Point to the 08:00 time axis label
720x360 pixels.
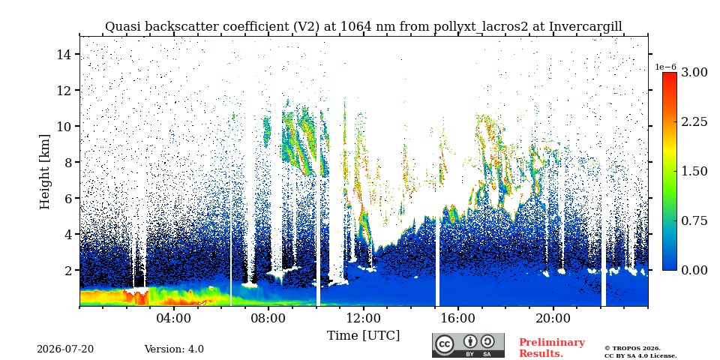(x=269, y=318)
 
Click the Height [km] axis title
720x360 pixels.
(x=44, y=172)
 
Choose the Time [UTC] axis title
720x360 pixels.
(x=363, y=335)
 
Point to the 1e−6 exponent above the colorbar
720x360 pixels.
(x=665, y=67)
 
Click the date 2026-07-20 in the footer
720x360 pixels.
(x=65, y=349)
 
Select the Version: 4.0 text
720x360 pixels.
(x=174, y=349)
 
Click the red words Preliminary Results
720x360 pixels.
(x=552, y=348)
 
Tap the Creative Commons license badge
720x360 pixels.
(x=468, y=345)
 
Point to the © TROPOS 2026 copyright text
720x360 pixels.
(x=633, y=349)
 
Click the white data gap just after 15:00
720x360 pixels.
(x=437, y=262)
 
